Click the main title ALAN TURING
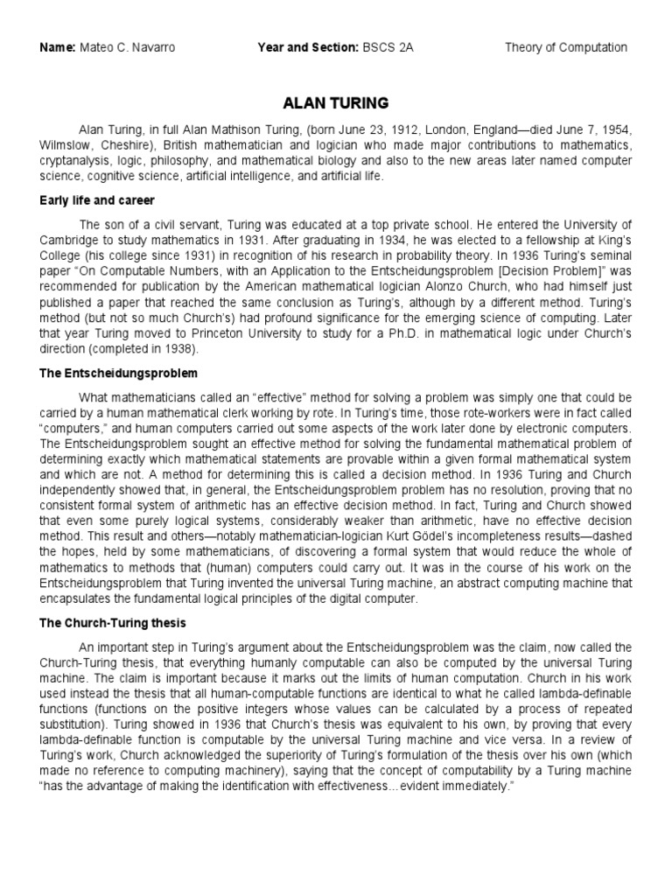click(335, 103)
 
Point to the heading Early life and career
click(97, 200)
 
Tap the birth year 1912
click(374, 129)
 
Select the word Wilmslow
click(65, 144)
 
